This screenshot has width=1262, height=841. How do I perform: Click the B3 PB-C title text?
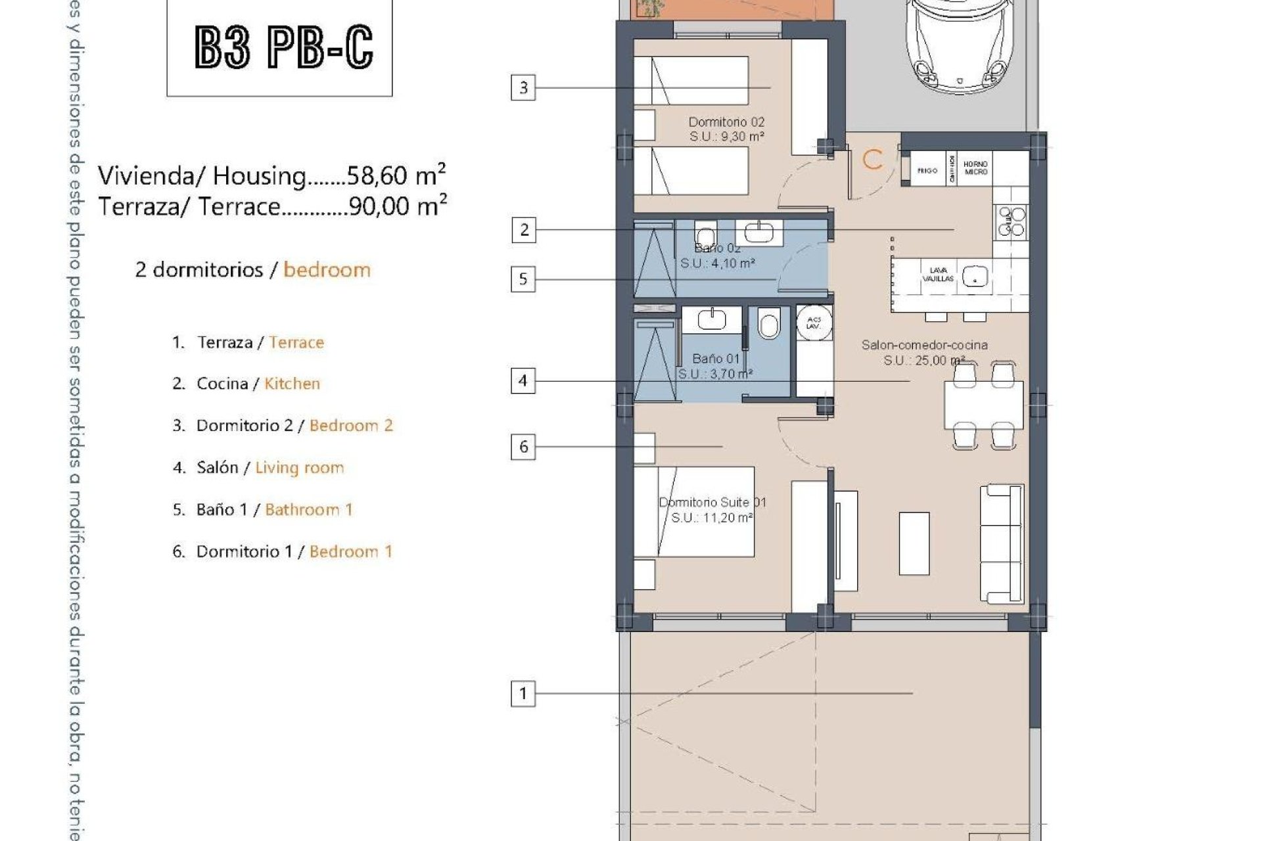pos(284,47)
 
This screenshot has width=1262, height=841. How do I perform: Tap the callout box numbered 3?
pos(523,87)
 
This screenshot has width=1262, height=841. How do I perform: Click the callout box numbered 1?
pos(523,693)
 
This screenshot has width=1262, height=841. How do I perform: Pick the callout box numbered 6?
pos(523,447)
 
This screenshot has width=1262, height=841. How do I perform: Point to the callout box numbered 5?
pos(523,279)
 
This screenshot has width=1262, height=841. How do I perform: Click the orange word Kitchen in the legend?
pos(292,384)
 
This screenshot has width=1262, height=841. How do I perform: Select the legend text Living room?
pos(300,468)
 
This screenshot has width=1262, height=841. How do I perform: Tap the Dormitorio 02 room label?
pos(726,122)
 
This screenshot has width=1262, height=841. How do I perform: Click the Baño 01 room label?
pos(716,359)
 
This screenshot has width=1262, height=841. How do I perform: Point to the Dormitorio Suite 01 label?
pos(713,503)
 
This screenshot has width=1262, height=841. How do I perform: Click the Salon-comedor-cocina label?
pos(924,345)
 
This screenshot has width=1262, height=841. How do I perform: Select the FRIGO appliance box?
pos(927,171)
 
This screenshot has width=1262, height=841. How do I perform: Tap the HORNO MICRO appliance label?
pos(975,168)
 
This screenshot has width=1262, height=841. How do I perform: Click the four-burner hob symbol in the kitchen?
pos(1012,221)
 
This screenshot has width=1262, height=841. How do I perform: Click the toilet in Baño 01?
pos(768,324)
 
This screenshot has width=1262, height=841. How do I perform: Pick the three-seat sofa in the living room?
pos(1002,544)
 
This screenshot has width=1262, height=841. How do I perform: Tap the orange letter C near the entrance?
pos(873,160)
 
